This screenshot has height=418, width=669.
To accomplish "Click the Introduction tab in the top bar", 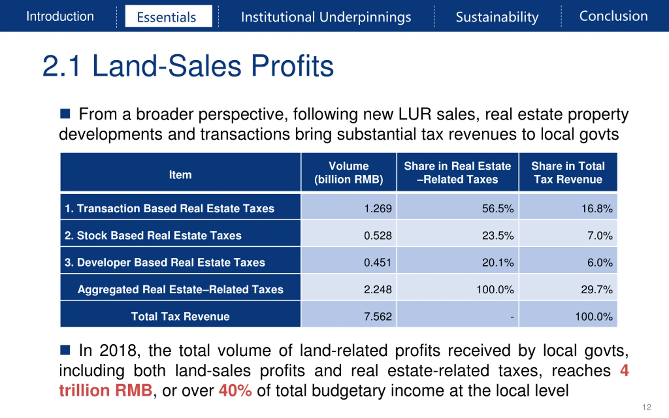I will pos(60,16).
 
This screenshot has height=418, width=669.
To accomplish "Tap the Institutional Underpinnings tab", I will pos(326,17).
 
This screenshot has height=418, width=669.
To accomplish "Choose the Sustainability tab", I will pos(497,17).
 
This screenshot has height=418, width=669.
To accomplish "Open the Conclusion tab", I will pos(613,16).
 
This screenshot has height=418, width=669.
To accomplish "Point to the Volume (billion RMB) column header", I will pos(349,172).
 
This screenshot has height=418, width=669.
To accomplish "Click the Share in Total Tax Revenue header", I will pos(568,172).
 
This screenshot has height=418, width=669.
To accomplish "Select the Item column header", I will pos(180,175).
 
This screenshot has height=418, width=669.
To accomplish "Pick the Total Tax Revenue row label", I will pos(180,316).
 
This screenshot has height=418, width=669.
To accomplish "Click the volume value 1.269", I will pos(378,208).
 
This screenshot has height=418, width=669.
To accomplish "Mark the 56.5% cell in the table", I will pos(498,208).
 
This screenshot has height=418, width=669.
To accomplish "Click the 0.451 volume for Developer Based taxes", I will pos(378,262).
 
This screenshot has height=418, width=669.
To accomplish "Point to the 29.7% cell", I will pos(597,289).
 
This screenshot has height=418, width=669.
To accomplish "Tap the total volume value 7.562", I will pos(378,316).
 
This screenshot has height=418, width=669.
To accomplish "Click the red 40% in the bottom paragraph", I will pos(235,390).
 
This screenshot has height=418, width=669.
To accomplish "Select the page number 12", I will pos(647,407).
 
